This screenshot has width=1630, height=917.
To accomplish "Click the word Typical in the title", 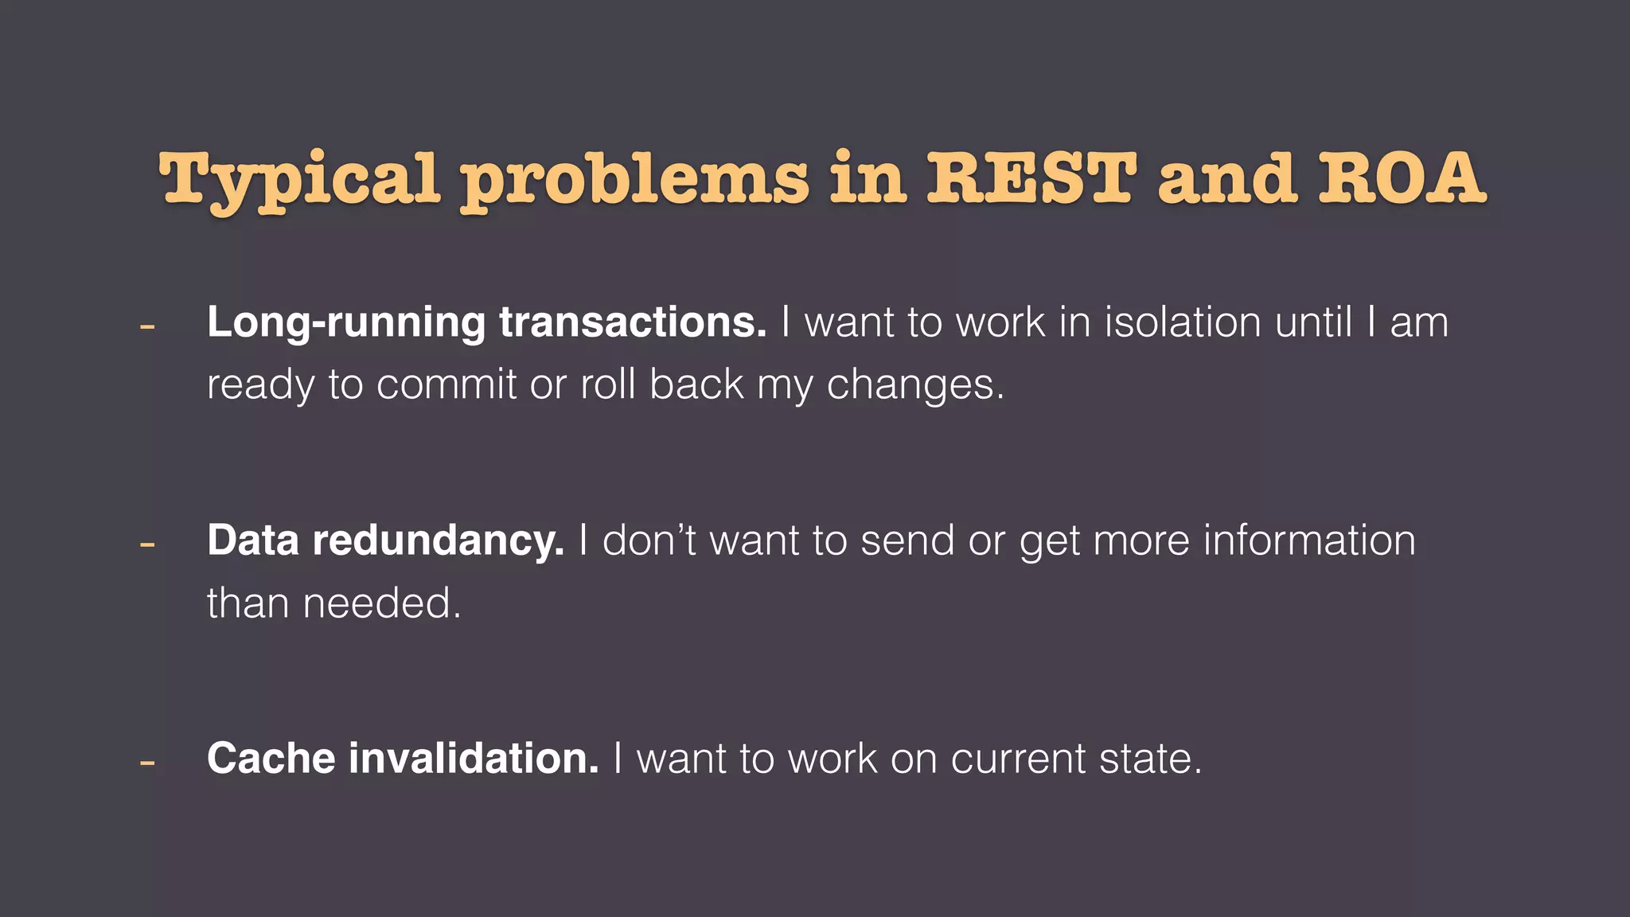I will pos(299,179).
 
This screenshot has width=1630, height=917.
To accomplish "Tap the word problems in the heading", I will pos(635,179).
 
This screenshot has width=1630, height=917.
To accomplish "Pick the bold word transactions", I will pos(633,322).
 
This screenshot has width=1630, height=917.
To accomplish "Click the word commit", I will pos(446,384).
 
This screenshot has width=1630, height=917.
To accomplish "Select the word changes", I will pos(915,385).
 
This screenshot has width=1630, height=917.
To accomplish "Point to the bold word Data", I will pos(253,540).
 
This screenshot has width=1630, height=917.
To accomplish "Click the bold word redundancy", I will pos(438,541).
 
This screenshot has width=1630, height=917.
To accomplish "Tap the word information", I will pos(1309,540).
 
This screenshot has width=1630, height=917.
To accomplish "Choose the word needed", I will pos(382,603).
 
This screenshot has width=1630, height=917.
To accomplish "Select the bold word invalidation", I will pos(474,758).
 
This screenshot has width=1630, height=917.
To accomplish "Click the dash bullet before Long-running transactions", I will pos(146,326).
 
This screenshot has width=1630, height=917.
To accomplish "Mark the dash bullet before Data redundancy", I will pos(146,544).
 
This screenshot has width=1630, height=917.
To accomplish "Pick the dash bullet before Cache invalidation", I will pos(146,763).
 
